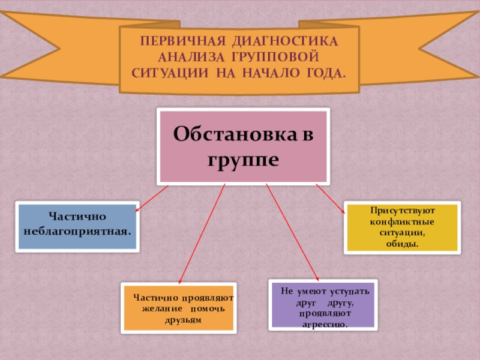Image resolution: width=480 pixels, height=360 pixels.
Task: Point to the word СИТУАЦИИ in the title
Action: pos(168,74)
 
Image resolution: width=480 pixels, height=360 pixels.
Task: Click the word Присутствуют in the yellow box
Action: pos(403,211)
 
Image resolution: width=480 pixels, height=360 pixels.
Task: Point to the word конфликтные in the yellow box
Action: pos(403,222)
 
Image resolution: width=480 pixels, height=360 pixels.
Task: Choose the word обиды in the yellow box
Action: pos(403,244)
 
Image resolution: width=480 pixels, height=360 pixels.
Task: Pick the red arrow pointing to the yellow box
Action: pos(331,198)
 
